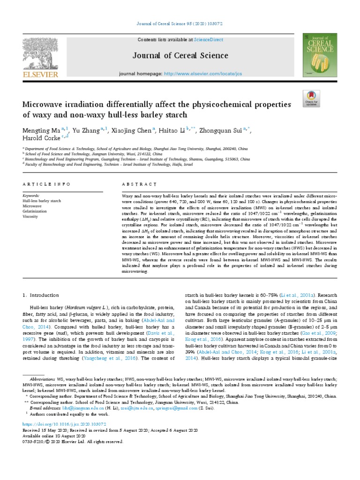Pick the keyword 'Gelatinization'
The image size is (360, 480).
pos(35,211)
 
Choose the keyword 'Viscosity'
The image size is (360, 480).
pos(31,217)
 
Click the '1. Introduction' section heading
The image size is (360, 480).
pos(41,295)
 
